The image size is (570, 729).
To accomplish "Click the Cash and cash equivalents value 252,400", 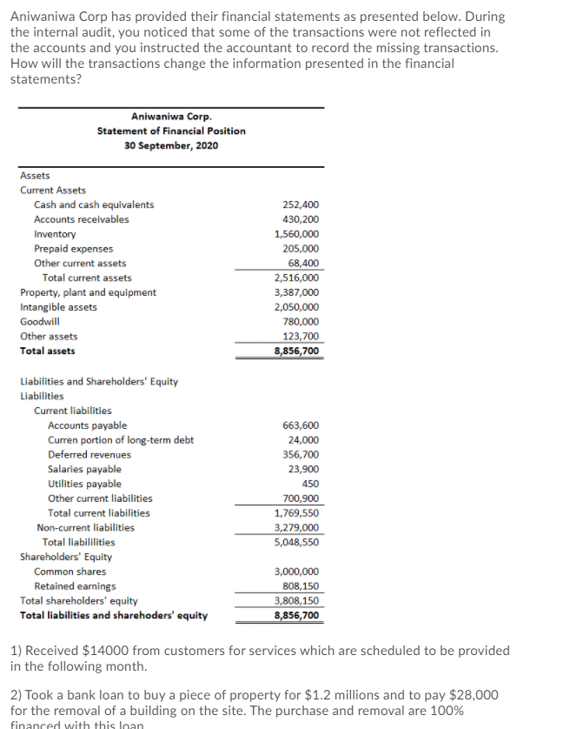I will point(301,204).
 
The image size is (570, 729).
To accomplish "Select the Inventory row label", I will point(55,234).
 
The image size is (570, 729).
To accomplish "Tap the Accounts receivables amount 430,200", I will point(301,219).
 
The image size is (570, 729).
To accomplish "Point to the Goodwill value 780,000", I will point(301,322).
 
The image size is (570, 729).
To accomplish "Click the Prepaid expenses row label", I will point(73,249).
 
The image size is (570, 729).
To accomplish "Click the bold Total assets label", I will point(48,351).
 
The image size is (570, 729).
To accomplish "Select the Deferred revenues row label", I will point(89,454).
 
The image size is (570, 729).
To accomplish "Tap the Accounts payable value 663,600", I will point(301,425).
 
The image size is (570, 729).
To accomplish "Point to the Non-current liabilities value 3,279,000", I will point(296,527).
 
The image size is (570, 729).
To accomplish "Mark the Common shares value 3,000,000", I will point(296,572).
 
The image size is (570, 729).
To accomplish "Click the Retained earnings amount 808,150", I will point(301,586).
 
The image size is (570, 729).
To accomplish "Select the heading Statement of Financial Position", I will point(171,130).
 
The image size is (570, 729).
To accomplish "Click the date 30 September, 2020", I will point(171,144).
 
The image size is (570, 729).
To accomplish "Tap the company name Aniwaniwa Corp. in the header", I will point(171,117).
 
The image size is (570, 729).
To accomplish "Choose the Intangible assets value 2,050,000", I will point(296,307).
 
